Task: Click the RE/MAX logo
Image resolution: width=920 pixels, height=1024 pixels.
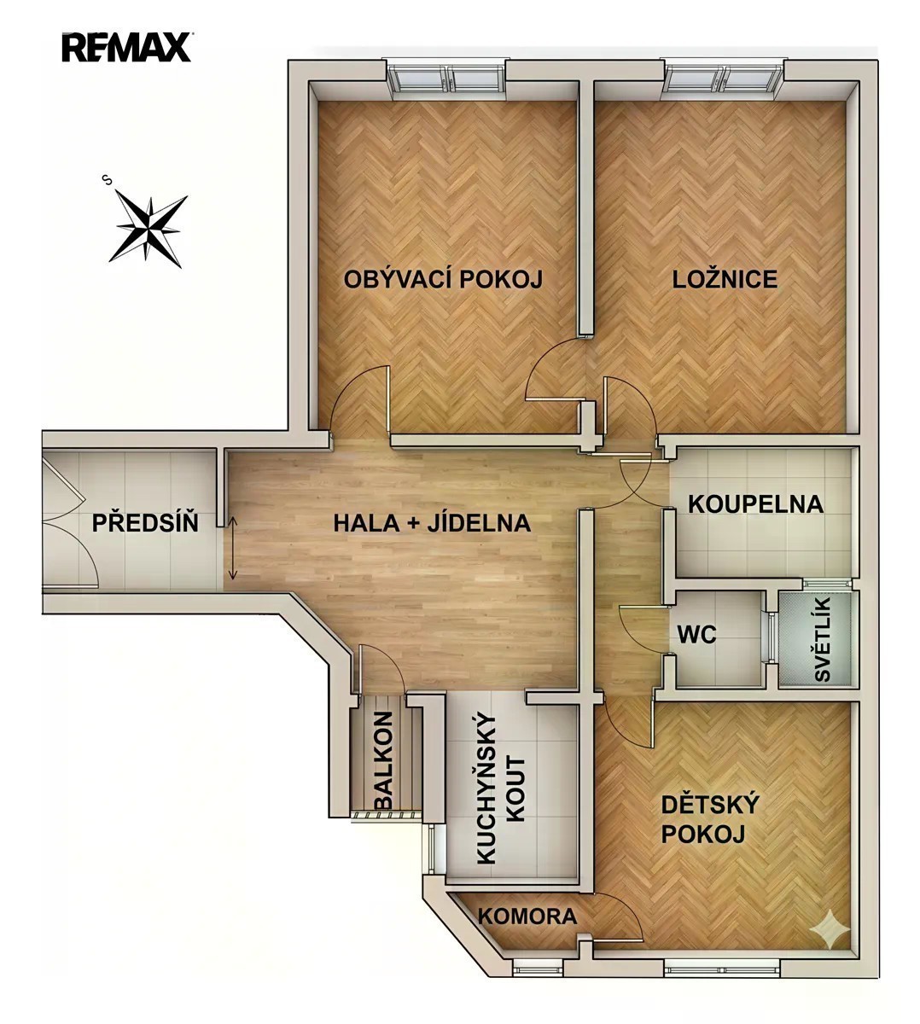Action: coord(126,47)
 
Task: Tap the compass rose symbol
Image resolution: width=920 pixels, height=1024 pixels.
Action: coord(148,229)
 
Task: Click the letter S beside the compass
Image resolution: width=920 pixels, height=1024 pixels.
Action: coord(107,178)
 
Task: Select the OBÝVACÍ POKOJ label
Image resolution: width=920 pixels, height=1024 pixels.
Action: coord(443,279)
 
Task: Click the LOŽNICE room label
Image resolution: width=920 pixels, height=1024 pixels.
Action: coord(725,280)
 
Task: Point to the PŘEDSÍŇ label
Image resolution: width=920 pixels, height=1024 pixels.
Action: coord(145,522)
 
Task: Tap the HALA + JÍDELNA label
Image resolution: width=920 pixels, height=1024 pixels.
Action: coord(432,523)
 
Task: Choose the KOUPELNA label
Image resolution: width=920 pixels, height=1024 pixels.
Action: coord(756,504)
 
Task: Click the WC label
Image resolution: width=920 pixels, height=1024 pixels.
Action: coord(697,634)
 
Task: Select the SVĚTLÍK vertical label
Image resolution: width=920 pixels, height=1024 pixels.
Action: coord(823,639)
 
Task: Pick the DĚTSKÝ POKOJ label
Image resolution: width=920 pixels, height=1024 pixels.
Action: coord(710,820)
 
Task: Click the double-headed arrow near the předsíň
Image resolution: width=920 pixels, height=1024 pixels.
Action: coord(232,548)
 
